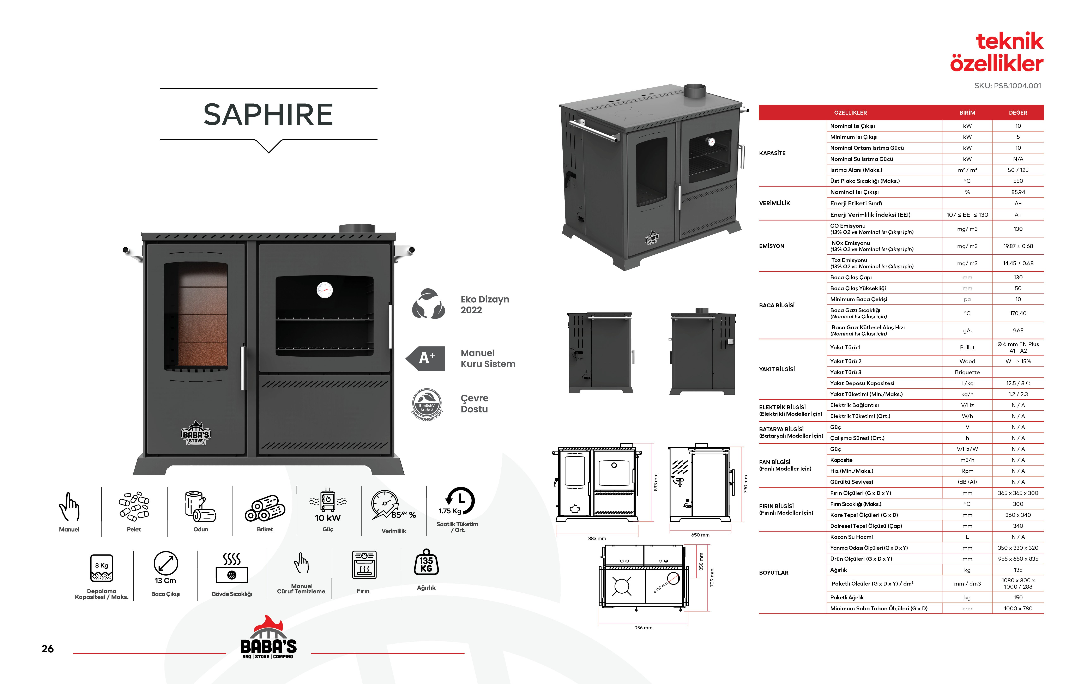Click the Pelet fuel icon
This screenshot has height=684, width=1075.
[x=134, y=507]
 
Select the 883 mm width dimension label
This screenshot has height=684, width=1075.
[x=597, y=538]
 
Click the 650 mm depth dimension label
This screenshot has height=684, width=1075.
[x=700, y=535]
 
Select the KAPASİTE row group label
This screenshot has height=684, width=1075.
[x=772, y=153]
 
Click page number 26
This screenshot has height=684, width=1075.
[x=47, y=649]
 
